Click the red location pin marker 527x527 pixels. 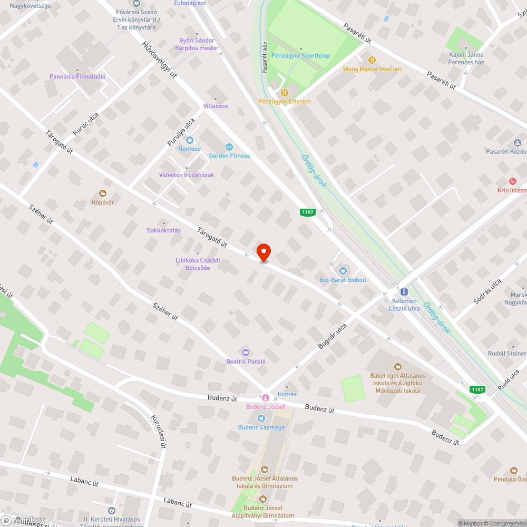pyautogui.click(x=263, y=252)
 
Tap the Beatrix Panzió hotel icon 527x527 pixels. pyautogui.click(x=245, y=352)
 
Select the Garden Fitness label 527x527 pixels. pyautogui.click(x=229, y=155)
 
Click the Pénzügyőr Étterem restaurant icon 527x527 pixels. pyautogui.click(x=284, y=93)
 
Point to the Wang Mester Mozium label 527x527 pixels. pyautogui.click(x=372, y=69)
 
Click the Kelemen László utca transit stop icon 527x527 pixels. pyautogui.click(x=404, y=291)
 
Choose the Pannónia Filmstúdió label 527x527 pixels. pyautogui.click(x=77, y=76)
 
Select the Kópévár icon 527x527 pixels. pyautogui.click(x=103, y=193)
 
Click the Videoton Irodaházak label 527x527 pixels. pyautogui.click(x=187, y=174)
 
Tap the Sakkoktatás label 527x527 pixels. pyautogui.click(x=163, y=230)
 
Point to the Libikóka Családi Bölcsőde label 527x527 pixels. pyautogui.click(x=198, y=264)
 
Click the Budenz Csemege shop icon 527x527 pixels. pyautogui.click(x=261, y=418)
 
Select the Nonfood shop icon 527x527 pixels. pyautogui.click(x=190, y=140)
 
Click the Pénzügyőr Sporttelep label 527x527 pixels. pyautogui.click(x=300, y=55)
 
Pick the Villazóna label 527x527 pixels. pyautogui.click(x=216, y=106)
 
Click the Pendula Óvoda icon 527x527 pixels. pyautogui.click(x=514, y=471)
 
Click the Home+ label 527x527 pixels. pyautogui.click(x=287, y=394)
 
